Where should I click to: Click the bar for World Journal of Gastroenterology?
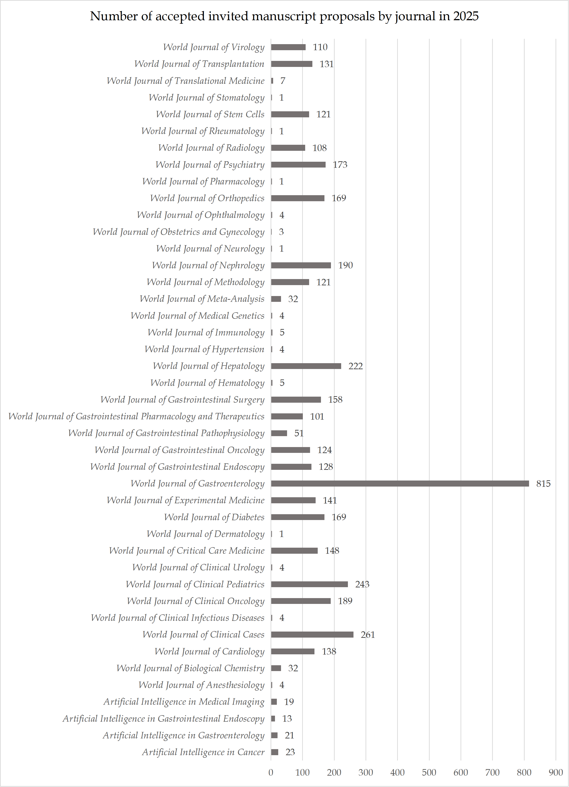pyautogui.click(x=400, y=483)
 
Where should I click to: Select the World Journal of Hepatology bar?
pyautogui.click(x=306, y=366)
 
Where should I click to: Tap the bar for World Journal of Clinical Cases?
pyautogui.click(x=312, y=635)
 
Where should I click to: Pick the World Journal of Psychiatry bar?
pyautogui.click(x=298, y=165)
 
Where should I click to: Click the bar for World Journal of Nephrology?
pyautogui.click(x=301, y=265)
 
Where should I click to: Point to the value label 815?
pyautogui.click(x=543, y=483)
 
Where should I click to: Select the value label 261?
pyautogui.click(x=368, y=635)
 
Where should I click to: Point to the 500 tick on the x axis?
pyautogui.click(x=429, y=772)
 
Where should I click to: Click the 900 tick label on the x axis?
pyautogui.click(x=556, y=772)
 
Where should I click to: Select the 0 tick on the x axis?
pyautogui.click(x=271, y=772)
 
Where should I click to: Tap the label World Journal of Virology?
pyautogui.click(x=214, y=47)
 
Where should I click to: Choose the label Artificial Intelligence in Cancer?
pyautogui.click(x=203, y=752)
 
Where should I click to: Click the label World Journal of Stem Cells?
pyautogui.click(x=210, y=114)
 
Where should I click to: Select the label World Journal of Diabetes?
pyautogui.click(x=214, y=517)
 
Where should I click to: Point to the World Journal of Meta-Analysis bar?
pyautogui.click(x=276, y=299)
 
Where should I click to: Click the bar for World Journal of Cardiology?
pyautogui.click(x=293, y=651)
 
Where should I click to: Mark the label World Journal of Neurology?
pyautogui.click(x=210, y=248)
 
